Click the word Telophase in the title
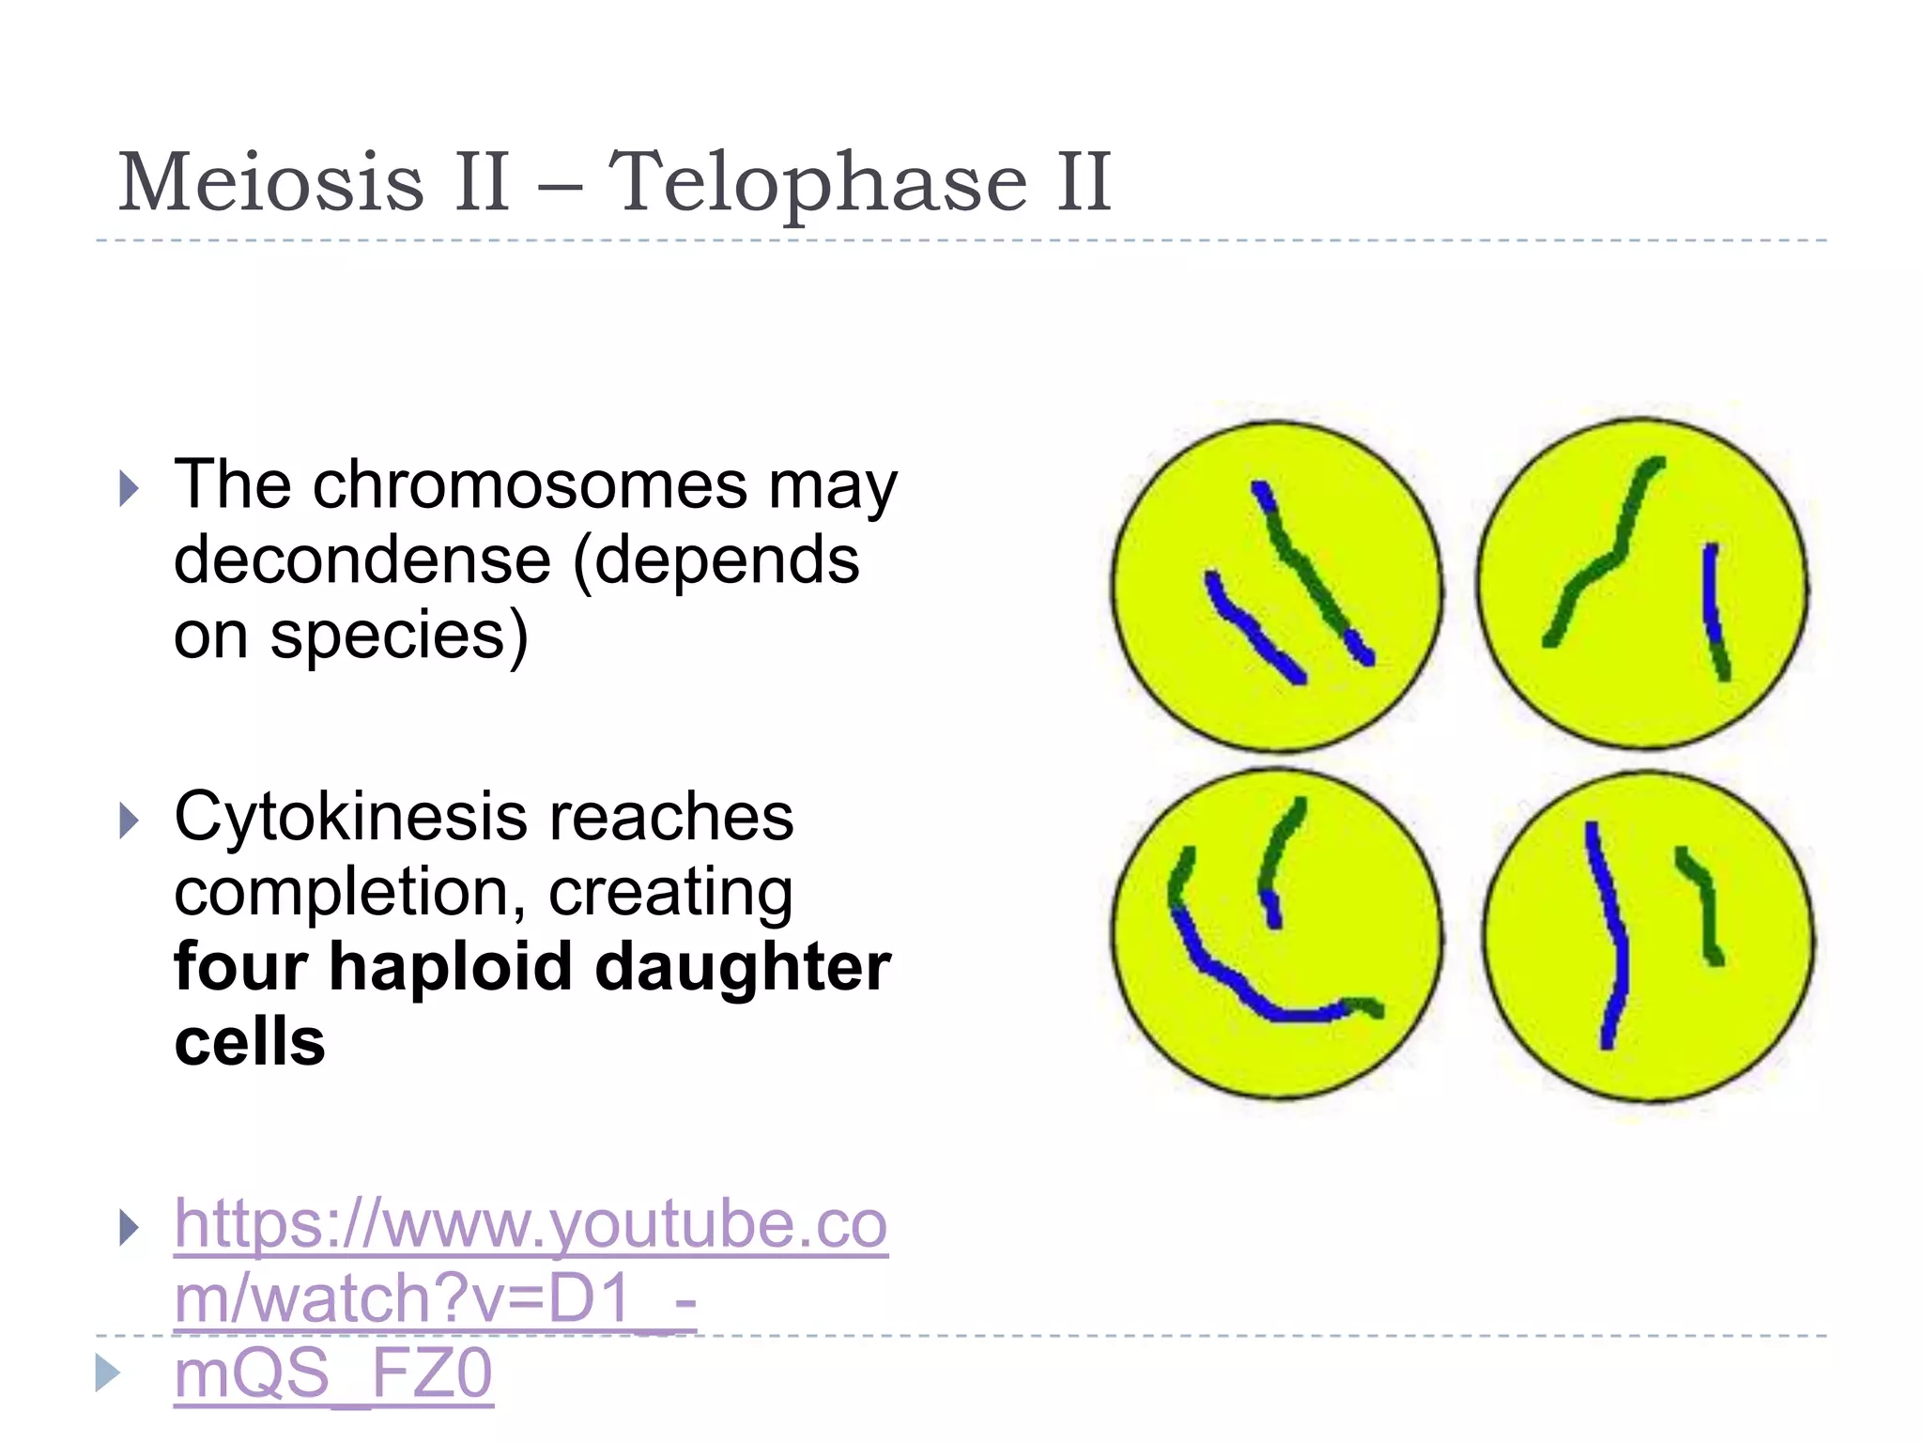[817, 182]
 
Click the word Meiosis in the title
[271, 182]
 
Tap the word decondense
[362, 560]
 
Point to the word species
[399, 636]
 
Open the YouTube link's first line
[531, 1224]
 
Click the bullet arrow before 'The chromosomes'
[130, 489]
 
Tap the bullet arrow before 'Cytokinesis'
[130, 821]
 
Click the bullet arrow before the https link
[130, 1228]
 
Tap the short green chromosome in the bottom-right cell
[1704, 906]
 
